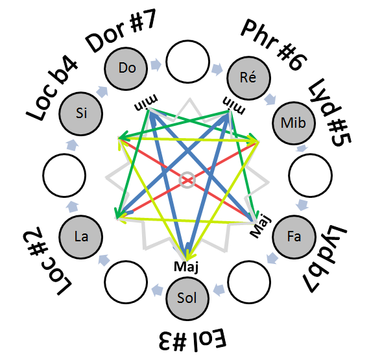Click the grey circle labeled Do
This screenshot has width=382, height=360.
[126, 69]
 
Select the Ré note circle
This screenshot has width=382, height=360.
[248, 78]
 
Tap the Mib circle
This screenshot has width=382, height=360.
[294, 123]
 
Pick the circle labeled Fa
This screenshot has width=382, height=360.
[294, 237]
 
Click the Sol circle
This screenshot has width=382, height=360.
[187, 298]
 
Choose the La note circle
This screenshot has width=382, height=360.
[80, 237]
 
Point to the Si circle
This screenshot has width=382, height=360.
[80, 114]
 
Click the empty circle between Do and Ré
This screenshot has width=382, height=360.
[187, 62]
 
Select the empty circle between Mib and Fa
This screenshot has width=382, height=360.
[310, 175]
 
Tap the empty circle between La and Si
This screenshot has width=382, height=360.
[64, 175]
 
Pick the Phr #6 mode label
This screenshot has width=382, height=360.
[274, 45]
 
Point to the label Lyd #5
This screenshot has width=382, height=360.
[329, 113]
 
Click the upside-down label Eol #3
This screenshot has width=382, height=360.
[193, 339]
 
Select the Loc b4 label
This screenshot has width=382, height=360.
[52, 90]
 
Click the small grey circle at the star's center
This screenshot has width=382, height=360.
[187, 180]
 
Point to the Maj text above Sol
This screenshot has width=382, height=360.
[186, 267]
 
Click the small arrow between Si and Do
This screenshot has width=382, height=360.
[102, 91]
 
